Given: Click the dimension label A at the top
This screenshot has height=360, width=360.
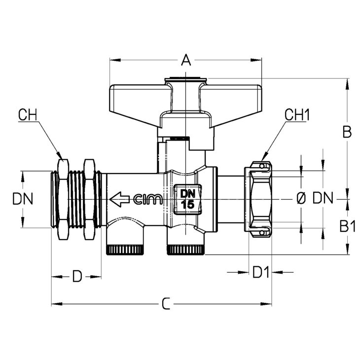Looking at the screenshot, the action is click(186, 60).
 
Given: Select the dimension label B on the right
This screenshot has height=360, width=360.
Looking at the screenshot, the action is click(347, 132).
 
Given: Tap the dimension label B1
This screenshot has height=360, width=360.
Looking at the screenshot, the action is click(347, 226).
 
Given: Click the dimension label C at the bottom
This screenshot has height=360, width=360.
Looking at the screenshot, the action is click(166, 304).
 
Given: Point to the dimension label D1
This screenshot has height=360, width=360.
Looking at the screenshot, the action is click(260, 272).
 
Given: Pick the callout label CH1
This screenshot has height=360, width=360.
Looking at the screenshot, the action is click(297, 115).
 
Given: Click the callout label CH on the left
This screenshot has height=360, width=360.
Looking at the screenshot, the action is click(28, 115).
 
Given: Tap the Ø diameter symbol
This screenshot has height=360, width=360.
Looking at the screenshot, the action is click(301, 198).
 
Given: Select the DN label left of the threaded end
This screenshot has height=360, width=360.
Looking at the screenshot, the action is click(23, 199).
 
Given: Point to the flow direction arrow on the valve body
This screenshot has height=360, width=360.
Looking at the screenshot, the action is click(119, 199).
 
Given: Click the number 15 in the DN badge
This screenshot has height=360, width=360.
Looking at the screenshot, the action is click(187, 205).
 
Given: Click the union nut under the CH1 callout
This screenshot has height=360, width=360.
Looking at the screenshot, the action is click(258, 199).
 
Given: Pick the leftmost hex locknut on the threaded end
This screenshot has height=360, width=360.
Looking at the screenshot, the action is click(63, 199).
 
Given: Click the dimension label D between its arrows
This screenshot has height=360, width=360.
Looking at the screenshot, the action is click(77, 277).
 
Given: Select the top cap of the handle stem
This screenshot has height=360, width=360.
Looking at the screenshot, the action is click(186, 80).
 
